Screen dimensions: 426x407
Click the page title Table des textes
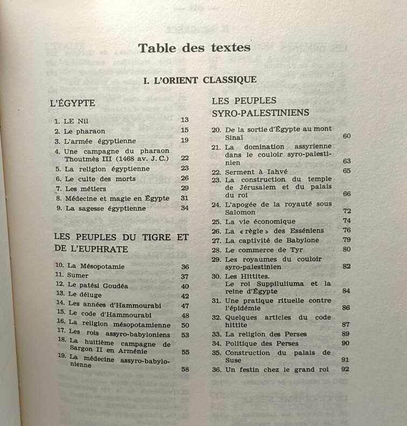click(194, 47)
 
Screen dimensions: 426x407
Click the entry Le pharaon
click(85, 131)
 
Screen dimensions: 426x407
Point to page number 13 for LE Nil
click(185, 120)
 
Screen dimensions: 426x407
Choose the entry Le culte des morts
click(100, 178)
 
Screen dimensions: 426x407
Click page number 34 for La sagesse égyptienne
click(185, 208)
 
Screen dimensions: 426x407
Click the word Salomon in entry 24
click(240, 212)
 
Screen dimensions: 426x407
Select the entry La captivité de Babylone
click(272, 240)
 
